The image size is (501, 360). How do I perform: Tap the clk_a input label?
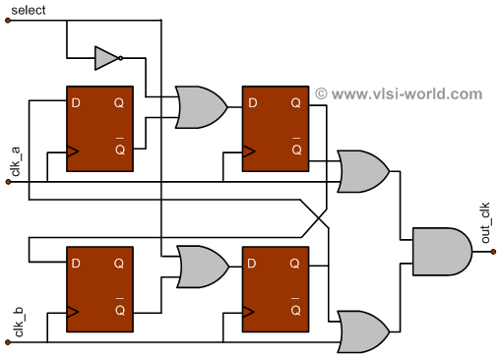(16, 160)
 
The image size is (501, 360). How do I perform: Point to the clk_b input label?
(16, 323)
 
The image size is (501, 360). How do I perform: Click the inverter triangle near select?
(106, 58)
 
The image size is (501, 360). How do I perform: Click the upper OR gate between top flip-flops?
(199, 106)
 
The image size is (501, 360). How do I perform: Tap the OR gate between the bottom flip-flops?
(199, 267)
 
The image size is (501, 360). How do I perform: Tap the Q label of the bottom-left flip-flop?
(118, 265)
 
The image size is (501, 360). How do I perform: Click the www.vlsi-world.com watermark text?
(400, 94)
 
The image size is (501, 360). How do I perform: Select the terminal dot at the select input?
(9, 24)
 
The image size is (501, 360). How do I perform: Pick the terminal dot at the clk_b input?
(9, 344)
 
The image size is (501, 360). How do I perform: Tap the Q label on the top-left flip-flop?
(118, 102)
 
